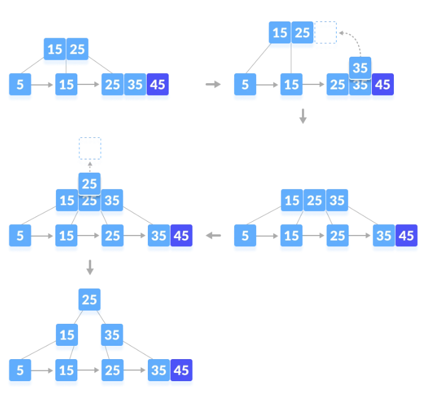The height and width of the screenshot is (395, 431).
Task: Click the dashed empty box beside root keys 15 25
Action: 325,33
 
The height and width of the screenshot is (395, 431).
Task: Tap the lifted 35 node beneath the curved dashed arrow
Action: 360,67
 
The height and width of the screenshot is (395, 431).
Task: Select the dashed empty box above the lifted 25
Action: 90,148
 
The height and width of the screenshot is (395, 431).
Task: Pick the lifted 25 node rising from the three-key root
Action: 89,183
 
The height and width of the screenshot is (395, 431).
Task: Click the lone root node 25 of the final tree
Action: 89,299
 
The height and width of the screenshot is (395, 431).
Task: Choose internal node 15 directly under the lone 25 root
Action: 67,335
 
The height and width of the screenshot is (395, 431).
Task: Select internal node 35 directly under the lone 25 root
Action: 112,335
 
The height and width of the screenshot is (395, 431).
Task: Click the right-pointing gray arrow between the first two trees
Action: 213,84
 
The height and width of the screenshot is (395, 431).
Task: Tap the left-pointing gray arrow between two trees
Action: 213,236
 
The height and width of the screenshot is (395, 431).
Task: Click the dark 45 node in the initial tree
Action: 157,84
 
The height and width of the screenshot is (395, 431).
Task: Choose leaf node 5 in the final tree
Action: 20,370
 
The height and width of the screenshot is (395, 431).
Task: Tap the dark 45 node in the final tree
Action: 181,370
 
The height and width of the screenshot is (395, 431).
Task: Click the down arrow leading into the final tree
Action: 90,267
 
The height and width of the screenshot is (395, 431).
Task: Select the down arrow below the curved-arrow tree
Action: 303,116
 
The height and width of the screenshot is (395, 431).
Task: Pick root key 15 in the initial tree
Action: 55,49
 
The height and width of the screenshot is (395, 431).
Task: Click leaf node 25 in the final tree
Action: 112,370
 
